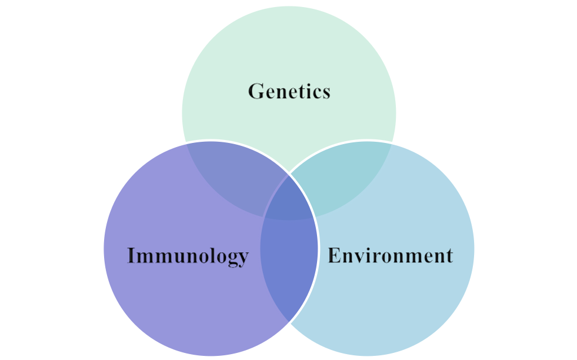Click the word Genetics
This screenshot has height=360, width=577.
[289, 92]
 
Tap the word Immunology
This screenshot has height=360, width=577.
[188, 256]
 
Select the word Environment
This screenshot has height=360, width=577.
[390, 256]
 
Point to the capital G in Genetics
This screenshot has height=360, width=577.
[255, 92]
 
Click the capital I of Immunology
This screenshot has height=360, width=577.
[132, 256]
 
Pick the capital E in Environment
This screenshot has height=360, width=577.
[334, 256]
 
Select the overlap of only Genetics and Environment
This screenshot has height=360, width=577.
[347, 176]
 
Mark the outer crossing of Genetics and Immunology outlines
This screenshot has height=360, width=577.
[185, 144]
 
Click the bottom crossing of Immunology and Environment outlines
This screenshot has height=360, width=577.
[289, 324]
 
